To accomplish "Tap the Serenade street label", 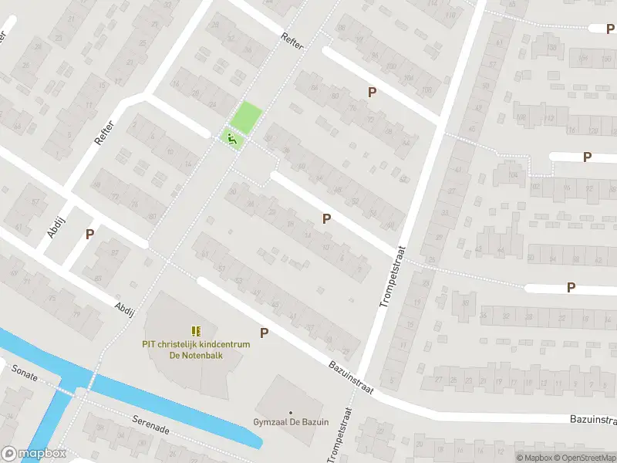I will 150,425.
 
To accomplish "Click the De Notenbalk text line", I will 196,356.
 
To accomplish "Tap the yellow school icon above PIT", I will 195,331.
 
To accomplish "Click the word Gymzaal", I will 271,423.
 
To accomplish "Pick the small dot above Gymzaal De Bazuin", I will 291,412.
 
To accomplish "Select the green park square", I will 248,117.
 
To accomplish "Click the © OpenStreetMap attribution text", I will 583,458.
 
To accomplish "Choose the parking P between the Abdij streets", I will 89,234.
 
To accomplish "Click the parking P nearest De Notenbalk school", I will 265,333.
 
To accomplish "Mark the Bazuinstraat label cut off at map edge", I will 594,420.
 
